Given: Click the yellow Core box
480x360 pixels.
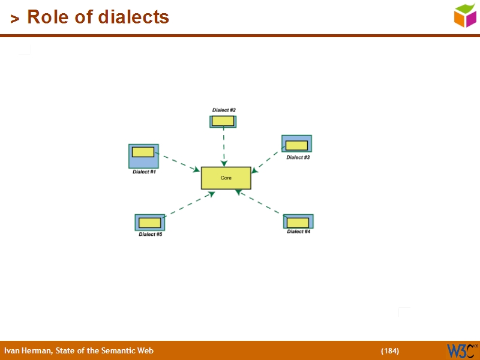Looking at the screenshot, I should [x=226, y=178].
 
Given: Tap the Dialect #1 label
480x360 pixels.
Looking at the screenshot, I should [x=144, y=172].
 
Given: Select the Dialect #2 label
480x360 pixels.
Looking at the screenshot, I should [x=224, y=110].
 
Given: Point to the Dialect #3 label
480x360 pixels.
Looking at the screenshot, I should [x=298, y=157].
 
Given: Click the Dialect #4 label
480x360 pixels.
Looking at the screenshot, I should [x=298, y=232].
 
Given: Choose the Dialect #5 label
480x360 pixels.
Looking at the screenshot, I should [x=150, y=235].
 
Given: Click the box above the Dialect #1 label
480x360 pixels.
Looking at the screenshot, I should [x=143, y=156].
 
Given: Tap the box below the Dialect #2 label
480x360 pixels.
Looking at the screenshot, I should [x=223, y=121].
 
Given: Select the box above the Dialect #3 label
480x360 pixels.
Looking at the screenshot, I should [x=296, y=144].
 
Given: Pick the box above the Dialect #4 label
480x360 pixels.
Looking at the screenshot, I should [x=299, y=221].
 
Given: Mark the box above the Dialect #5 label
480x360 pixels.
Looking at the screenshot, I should [x=150, y=223].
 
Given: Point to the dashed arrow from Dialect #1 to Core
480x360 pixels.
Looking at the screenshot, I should [x=180, y=163].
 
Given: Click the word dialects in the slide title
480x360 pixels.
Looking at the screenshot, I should [x=133, y=17].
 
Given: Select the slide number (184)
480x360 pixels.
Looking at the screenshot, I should [x=390, y=351].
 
